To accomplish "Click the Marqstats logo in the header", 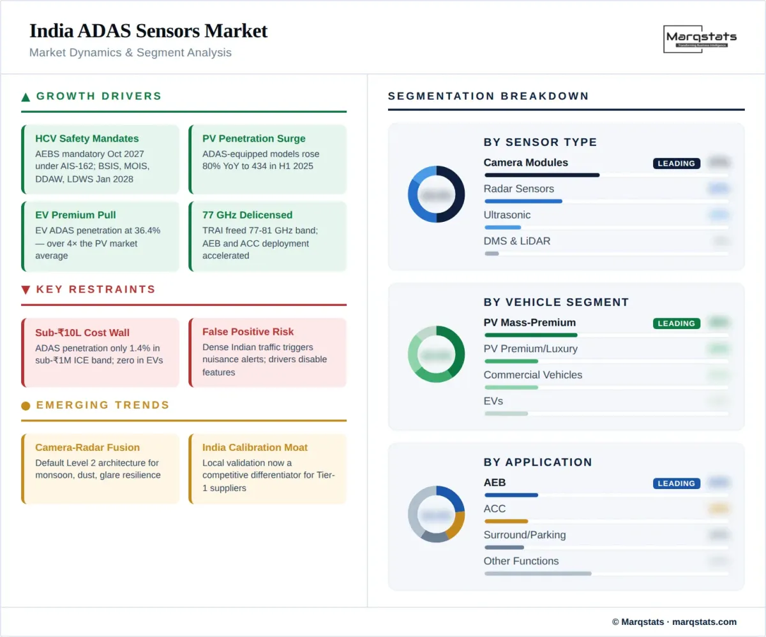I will [x=700, y=40].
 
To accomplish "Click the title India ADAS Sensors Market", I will [x=148, y=31].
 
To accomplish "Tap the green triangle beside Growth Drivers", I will [x=26, y=97].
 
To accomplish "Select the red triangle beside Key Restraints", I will [x=26, y=290].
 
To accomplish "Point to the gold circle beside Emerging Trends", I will [x=26, y=406].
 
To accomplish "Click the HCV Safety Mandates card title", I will [x=87, y=138].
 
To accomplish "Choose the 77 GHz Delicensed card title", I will [x=247, y=215].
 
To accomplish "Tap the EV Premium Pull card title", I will [x=75, y=215].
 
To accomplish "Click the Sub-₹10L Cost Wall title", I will [x=82, y=332].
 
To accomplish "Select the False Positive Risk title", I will [x=248, y=332].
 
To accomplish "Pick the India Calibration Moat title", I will [x=255, y=448].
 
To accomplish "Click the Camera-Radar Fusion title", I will [x=87, y=448].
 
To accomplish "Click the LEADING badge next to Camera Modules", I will [x=676, y=163].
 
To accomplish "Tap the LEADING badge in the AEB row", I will [x=676, y=483].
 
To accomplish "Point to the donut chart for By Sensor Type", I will [x=436, y=194].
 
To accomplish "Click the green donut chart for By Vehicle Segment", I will [x=436, y=354].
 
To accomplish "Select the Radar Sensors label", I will [x=518, y=189].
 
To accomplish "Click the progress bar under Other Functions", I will [x=537, y=573].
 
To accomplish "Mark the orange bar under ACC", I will [x=506, y=521].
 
